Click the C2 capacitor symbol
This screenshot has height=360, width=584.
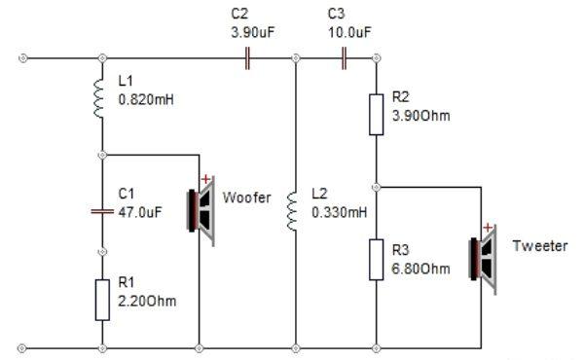(x=247, y=58)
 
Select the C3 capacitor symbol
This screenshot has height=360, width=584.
(x=345, y=58)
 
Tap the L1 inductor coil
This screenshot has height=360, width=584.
(x=98, y=98)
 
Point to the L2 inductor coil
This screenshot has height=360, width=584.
(x=292, y=211)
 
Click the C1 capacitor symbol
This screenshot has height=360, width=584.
(x=102, y=211)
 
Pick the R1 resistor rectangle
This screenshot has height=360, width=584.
(x=102, y=300)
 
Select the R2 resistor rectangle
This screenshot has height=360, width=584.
(x=376, y=115)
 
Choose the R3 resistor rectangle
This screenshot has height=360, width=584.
(x=376, y=260)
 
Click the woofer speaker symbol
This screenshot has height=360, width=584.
(x=201, y=211)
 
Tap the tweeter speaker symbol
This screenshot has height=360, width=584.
(x=483, y=260)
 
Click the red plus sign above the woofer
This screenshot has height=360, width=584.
(x=205, y=179)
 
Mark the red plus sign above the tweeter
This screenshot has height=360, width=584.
(x=488, y=228)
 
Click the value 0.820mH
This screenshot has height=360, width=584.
(x=146, y=100)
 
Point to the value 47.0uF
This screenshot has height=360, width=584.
(x=140, y=212)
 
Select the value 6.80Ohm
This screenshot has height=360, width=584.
(x=420, y=269)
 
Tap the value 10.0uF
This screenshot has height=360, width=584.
(x=349, y=32)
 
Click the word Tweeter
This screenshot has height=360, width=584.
(x=540, y=246)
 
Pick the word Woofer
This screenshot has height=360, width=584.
(x=246, y=198)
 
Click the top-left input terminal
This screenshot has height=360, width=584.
(x=23, y=58)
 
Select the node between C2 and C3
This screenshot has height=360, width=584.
(x=296, y=58)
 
